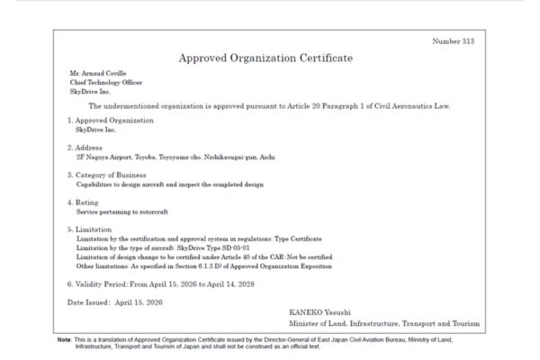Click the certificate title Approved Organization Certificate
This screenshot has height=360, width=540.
click(x=265, y=58)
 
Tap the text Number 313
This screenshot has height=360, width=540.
click(x=453, y=41)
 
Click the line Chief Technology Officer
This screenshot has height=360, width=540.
click(x=106, y=83)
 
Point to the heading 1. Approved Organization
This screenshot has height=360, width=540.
click(x=110, y=120)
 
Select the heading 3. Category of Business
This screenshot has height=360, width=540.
click(x=113, y=175)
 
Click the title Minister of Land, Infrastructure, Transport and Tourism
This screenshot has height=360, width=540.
click(x=384, y=322)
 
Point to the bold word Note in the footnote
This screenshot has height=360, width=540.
click(x=65, y=339)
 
